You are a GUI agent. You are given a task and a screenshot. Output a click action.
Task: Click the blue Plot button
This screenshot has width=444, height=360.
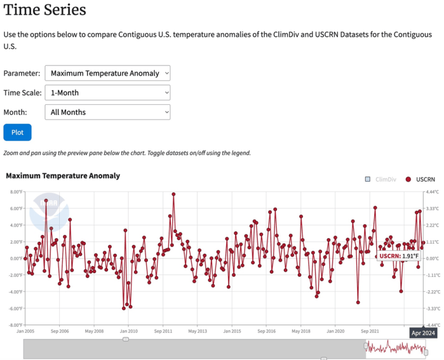pos(17,133)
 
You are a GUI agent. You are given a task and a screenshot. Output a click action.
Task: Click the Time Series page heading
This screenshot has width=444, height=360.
pos(44,10)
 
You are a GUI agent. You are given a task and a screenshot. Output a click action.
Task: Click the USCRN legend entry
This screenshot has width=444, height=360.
pos(421,179)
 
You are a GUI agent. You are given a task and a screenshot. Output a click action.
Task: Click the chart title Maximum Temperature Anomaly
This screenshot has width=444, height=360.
pos(63,176)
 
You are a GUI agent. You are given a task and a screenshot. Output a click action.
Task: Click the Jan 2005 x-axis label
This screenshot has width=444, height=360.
pos(25,330)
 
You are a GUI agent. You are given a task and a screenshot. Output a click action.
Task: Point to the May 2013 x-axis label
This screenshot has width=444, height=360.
pos(197,330)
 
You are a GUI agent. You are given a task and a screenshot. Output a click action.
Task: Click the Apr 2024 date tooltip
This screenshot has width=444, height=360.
pos(423,333)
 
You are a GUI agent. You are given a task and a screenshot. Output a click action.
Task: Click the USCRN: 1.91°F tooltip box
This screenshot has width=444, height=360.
pos(399,255)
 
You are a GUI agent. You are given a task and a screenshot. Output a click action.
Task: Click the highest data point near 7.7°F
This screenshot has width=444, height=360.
pos(174,194)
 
